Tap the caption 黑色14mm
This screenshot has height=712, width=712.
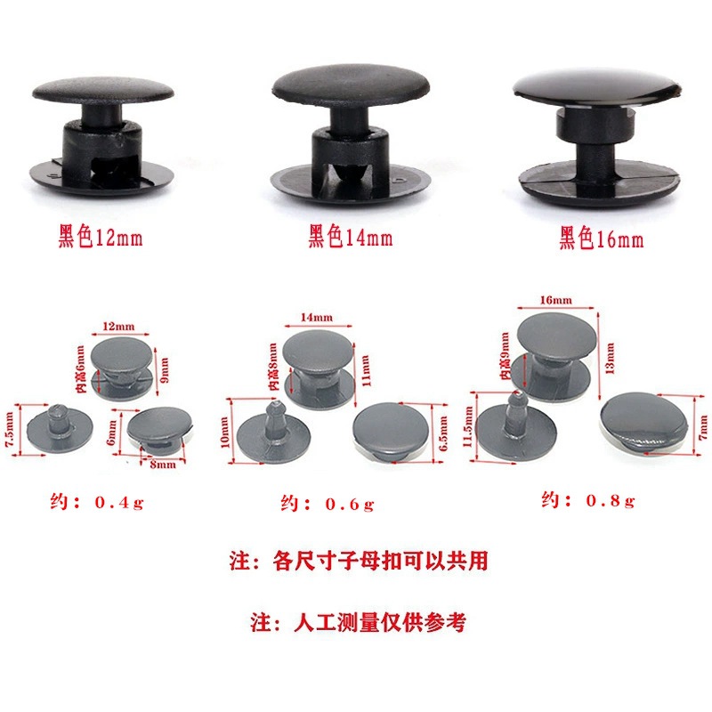point(350,239)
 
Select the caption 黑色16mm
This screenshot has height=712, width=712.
point(601,239)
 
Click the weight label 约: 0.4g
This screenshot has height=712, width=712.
point(96,503)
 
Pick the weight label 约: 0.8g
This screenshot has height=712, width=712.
point(588,501)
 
